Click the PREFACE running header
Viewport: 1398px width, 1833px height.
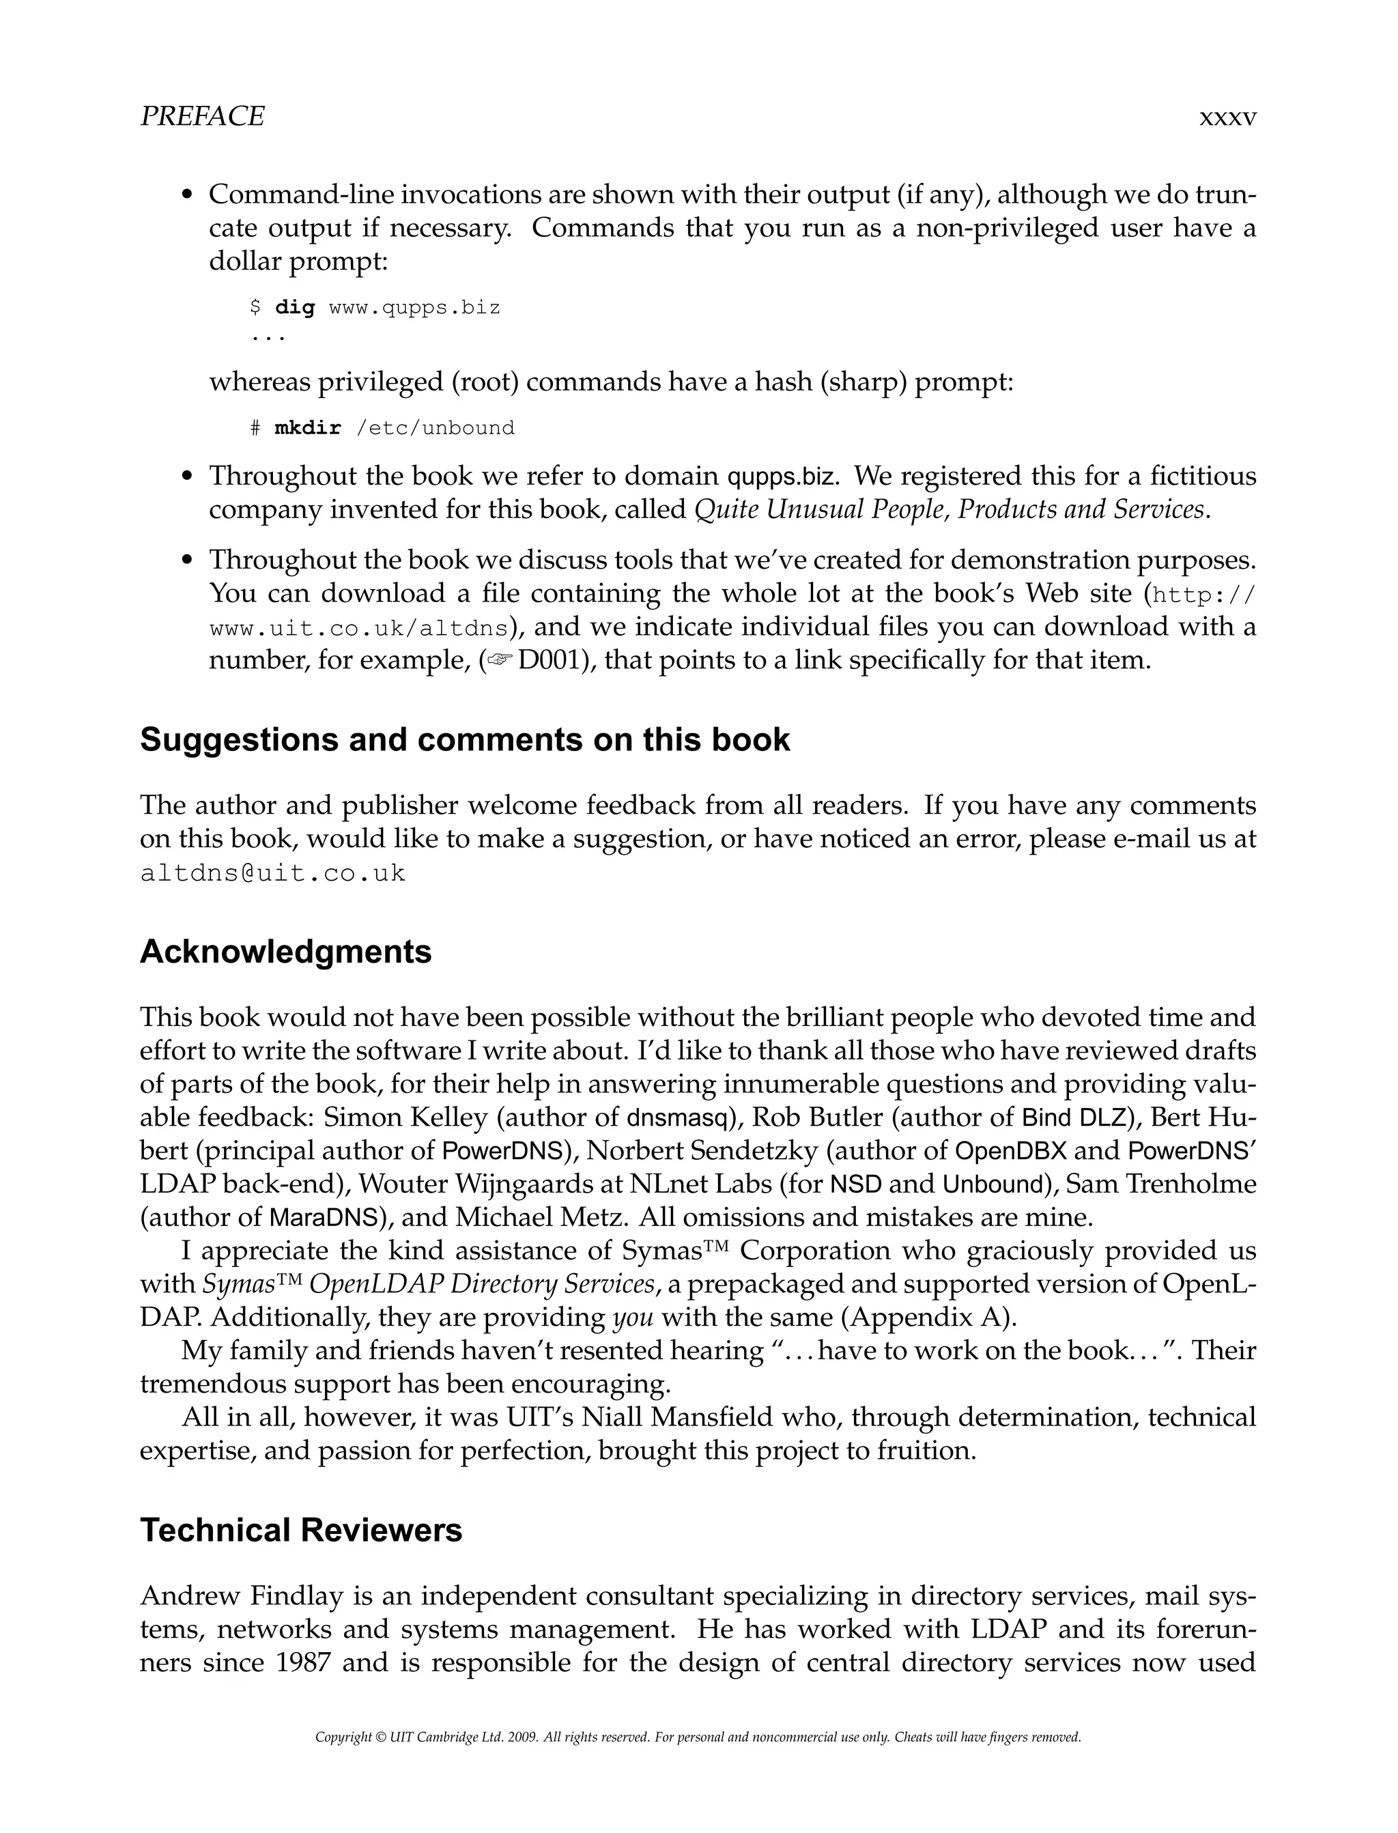tap(202, 117)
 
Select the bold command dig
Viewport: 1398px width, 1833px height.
tap(296, 308)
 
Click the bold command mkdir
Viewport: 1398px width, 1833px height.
tap(308, 429)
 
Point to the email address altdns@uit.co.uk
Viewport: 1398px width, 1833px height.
tap(273, 874)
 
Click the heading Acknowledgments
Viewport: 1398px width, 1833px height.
tap(285, 952)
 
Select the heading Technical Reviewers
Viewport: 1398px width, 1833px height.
tap(300, 1530)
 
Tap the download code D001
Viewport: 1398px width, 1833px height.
tap(547, 661)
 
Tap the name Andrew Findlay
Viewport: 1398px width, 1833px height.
tap(242, 1596)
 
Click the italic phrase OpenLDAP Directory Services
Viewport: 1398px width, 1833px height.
tap(482, 1284)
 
